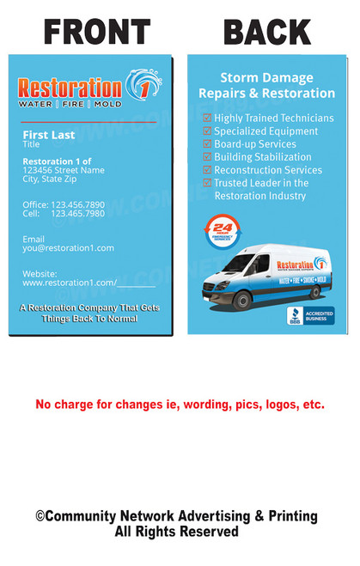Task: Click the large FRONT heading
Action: click(96, 32)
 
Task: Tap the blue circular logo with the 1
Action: click(143, 85)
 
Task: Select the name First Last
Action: click(48, 135)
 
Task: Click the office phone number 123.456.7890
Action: click(77, 204)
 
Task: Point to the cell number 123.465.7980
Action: click(77, 213)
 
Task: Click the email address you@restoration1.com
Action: click(68, 248)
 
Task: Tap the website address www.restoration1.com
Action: click(70, 282)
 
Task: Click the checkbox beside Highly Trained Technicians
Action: click(206, 119)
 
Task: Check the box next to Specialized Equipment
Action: click(206, 131)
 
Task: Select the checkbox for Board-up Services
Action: click(206, 144)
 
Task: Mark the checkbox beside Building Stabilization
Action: click(206, 157)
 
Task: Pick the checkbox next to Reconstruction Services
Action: click(206, 170)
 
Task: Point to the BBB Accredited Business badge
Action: click(310, 315)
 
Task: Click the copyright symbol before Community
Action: click(40, 516)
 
